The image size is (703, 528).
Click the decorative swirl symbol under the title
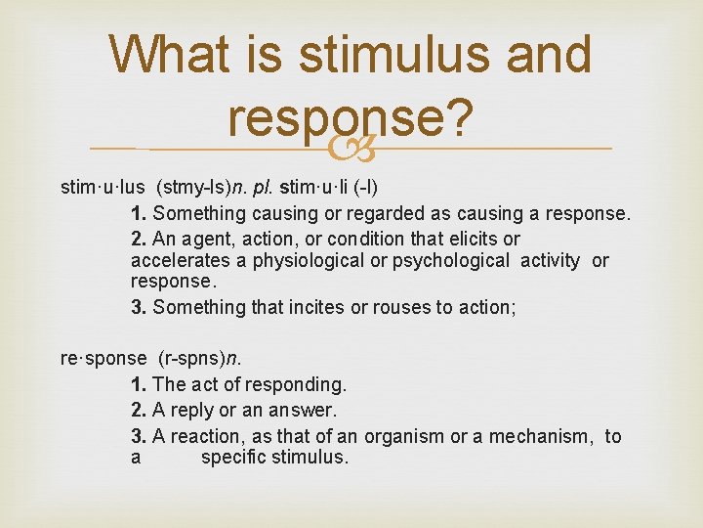(352, 148)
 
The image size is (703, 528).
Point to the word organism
(402, 436)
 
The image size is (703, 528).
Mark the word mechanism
(540, 436)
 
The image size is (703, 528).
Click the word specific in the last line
(232, 458)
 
